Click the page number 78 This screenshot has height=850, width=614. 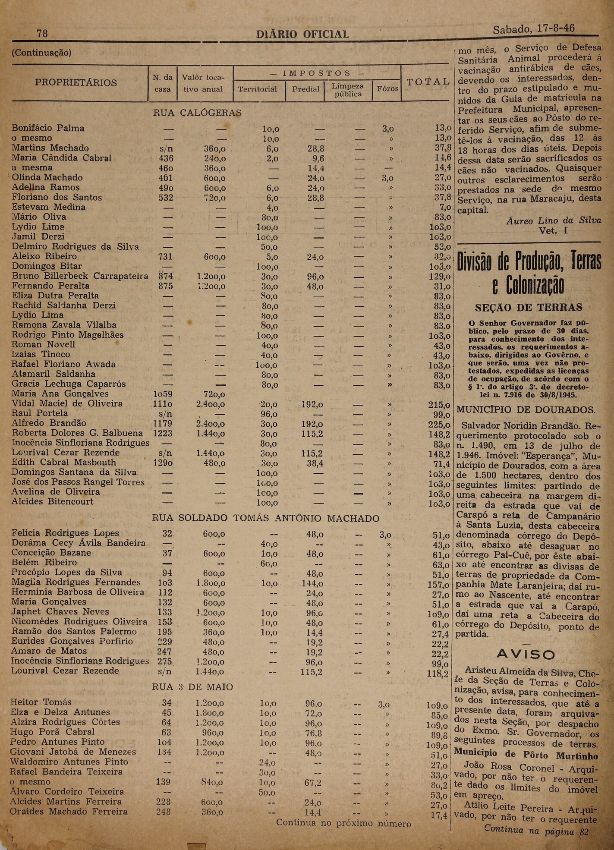pos(42,33)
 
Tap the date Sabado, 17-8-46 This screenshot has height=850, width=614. pos(533,29)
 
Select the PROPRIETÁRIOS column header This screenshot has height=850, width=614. pos(76,82)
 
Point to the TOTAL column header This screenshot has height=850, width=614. pos(428,82)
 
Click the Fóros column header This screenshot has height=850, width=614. pos(387,89)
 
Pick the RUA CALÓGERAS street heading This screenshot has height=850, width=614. pos(197,113)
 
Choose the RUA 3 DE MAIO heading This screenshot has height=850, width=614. pos(193,687)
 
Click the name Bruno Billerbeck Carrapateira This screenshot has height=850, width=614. pos(80,276)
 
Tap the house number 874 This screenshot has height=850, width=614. pos(165,276)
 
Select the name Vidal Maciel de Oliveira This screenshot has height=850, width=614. pos(67,403)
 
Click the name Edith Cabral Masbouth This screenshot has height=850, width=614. pos(64,462)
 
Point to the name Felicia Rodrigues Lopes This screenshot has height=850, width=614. pos(65,533)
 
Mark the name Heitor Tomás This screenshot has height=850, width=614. pos(41,702)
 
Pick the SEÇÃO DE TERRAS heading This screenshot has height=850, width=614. pos(529,308)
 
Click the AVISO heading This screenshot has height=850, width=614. pos(526,655)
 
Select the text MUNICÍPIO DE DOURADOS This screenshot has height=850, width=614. pos(526,409)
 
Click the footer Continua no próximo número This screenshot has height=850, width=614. pos(343,823)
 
